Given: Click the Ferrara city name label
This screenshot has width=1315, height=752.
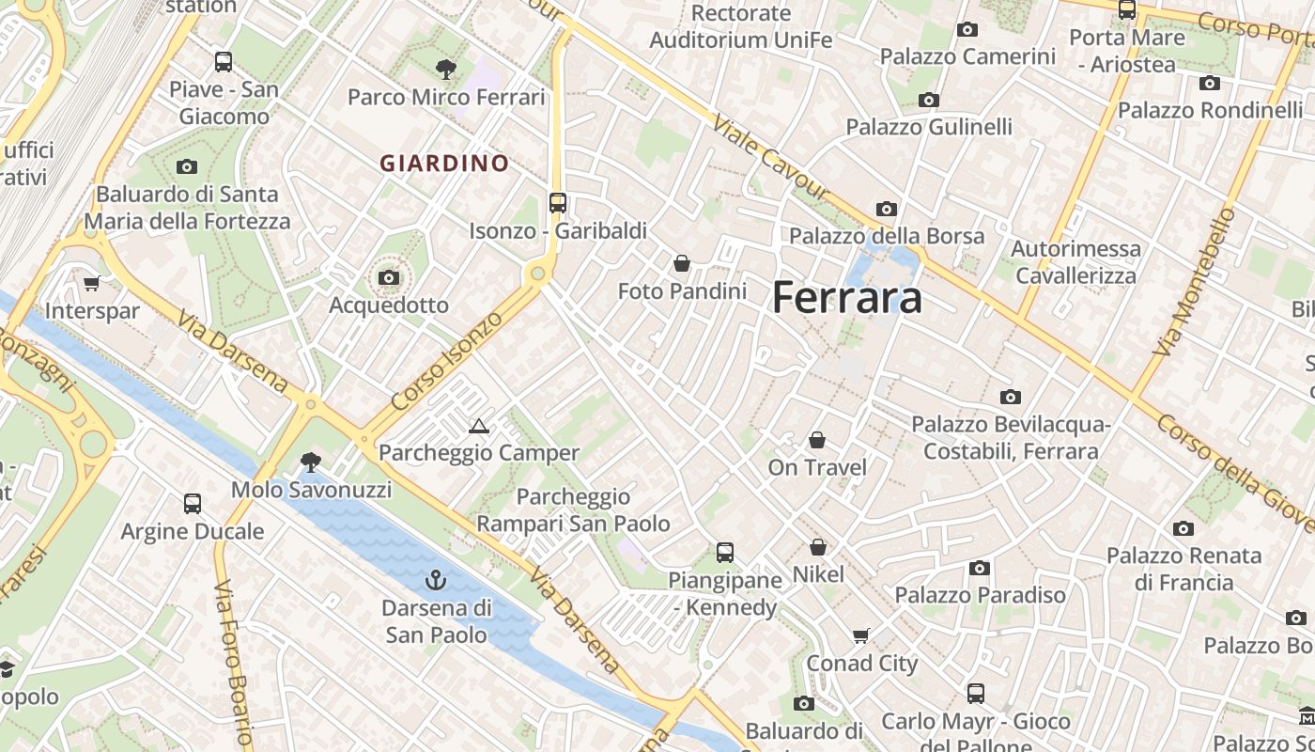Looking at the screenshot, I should [847, 298].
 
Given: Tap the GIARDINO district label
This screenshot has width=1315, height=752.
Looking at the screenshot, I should [444, 164].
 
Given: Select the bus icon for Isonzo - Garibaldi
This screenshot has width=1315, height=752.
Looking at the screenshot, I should [558, 202].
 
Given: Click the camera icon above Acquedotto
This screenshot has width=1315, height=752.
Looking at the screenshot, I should [389, 278].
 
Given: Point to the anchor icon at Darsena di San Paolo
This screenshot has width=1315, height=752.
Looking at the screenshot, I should [435, 580].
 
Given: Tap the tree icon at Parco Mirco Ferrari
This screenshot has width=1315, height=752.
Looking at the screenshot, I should [445, 69].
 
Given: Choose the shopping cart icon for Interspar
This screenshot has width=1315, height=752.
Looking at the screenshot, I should [92, 283].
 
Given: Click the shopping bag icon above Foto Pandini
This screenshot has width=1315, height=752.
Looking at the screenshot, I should [682, 263].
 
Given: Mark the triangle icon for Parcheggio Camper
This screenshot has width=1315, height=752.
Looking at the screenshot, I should [479, 427].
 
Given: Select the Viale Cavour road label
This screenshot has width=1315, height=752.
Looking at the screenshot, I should [772, 157].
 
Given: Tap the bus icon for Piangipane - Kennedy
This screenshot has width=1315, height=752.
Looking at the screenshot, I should [724, 552].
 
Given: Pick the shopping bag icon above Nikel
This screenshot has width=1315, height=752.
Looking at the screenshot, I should [818, 547].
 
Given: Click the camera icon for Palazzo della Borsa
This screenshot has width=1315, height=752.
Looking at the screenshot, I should [886, 209].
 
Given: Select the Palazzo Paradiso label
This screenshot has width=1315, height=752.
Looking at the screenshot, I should [980, 594].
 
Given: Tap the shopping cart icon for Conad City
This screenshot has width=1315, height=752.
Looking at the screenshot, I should [861, 635].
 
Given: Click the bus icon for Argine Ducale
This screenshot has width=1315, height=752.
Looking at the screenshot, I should [193, 504].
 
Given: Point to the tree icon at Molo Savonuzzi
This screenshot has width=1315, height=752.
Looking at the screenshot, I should [310, 462].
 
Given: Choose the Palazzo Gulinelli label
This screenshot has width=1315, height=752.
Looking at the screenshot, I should [929, 126].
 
